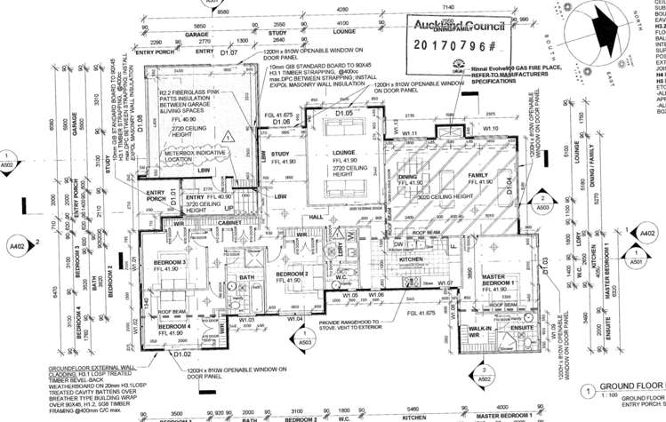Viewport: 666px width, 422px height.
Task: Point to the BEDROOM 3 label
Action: [x=172, y=262]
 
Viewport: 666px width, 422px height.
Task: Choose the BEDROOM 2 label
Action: [x=291, y=274]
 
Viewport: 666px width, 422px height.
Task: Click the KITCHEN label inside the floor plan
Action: [x=407, y=259]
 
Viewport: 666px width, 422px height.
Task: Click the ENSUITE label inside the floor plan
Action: [x=525, y=329]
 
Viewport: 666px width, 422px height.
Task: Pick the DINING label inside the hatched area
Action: [x=409, y=176]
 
